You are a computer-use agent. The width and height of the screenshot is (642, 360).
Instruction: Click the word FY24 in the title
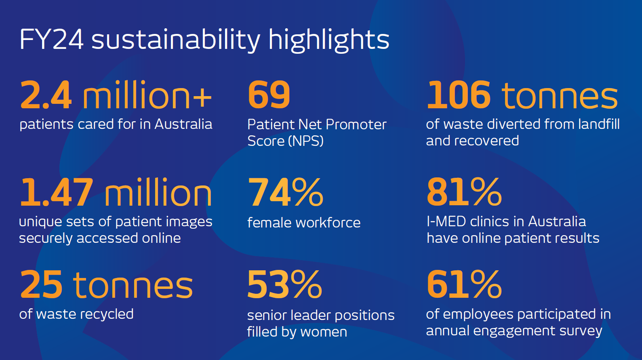52,40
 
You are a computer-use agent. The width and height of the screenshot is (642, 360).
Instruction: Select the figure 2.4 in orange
45,95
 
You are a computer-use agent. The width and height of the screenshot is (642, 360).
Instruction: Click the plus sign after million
202,97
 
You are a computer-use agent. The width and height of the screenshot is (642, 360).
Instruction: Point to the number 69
269,95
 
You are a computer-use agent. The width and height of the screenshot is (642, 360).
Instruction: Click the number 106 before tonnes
459,95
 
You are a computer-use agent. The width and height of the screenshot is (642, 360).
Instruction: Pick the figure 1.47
57,192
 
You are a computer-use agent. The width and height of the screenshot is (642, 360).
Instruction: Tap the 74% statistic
286,192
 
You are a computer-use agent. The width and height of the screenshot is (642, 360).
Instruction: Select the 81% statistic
464,192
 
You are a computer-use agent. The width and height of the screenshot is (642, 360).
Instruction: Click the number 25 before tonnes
41,284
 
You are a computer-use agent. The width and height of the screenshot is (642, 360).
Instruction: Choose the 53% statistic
284,284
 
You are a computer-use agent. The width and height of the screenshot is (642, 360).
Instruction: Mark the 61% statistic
464,284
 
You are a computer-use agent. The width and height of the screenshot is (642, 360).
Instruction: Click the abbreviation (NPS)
306,141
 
